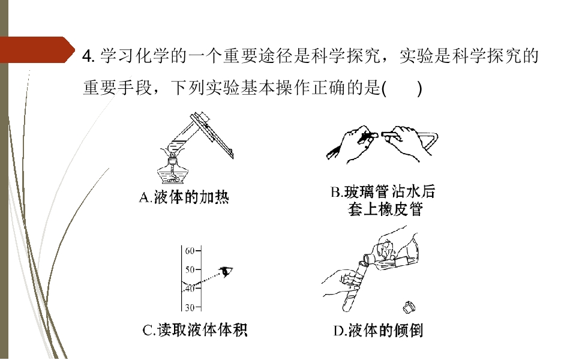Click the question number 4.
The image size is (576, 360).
pos(89,56)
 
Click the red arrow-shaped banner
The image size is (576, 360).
pos(37,50)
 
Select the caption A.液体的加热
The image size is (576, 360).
pos(184,197)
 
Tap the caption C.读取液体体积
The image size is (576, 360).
pos(194,330)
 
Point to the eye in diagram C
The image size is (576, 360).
pos(226,272)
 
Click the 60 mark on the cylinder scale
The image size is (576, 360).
pos(190,251)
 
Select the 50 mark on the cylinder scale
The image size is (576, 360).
pos(190,270)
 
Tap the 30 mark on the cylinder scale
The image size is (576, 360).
pos(190,307)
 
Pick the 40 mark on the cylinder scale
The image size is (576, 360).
pos(190,289)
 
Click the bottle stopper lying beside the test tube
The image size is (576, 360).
pos(409,307)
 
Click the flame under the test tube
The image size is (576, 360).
pos(172,150)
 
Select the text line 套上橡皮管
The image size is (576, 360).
pos(385,210)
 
